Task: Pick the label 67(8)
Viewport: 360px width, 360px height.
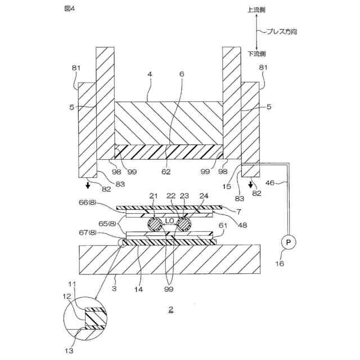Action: (102, 233)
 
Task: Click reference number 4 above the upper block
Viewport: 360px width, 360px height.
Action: (150, 90)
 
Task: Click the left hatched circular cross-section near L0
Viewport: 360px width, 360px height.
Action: (156, 224)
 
